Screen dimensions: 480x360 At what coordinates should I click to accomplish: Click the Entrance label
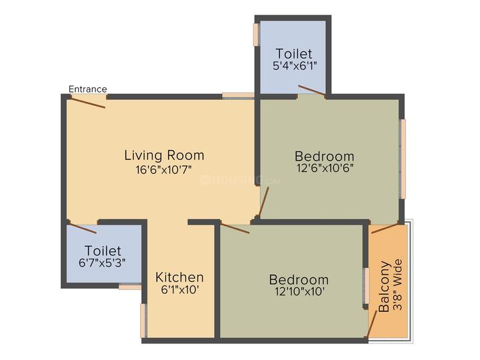click(88, 89)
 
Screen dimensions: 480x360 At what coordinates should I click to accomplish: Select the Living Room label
click(164, 155)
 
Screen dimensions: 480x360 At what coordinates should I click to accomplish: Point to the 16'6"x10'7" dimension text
click(164, 169)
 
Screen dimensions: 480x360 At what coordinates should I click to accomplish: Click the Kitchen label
click(179, 277)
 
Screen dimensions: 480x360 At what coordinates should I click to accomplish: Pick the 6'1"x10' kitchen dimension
click(180, 289)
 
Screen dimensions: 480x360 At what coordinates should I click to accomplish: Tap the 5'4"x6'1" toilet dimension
click(295, 65)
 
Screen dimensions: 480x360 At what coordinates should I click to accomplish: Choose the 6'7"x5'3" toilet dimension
click(102, 263)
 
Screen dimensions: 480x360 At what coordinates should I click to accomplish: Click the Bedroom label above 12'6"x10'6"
click(325, 156)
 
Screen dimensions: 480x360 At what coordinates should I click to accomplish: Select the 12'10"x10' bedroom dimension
click(299, 291)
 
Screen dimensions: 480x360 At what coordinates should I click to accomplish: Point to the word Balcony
click(384, 286)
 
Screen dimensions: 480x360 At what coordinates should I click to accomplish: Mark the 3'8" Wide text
click(397, 285)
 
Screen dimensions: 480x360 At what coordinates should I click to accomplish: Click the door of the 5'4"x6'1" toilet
click(311, 91)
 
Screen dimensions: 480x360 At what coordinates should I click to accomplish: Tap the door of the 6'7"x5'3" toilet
click(83, 229)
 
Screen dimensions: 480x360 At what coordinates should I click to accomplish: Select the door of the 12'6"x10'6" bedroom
click(263, 201)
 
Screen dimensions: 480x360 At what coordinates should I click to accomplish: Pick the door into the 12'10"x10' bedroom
click(235, 229)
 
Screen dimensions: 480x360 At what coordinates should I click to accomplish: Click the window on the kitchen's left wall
click(143, 321)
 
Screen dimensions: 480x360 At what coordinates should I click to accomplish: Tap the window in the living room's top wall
click(238, 95)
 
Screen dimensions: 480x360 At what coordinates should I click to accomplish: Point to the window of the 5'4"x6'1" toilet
click(256, 35)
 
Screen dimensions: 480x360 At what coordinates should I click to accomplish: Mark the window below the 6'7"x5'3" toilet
click(130, 287)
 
